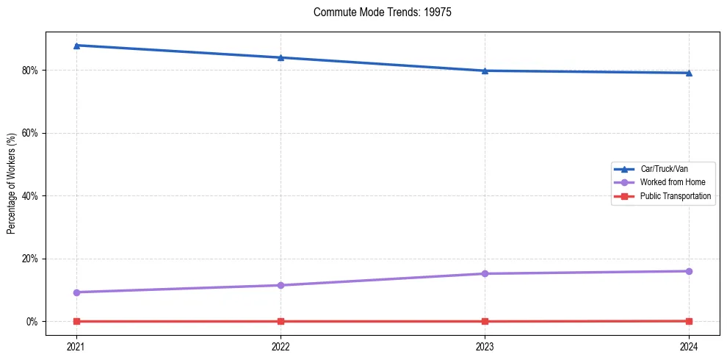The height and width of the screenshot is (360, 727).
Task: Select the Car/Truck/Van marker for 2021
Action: [76, 46]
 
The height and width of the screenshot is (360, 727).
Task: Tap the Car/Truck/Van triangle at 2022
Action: [281, 57]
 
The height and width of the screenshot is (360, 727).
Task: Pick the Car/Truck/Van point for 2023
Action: [485, 71]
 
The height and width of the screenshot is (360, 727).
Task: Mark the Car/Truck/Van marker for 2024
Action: [689, 73]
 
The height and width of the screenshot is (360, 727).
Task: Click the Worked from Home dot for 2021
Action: [76, 292]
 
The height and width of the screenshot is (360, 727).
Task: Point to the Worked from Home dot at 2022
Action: [281, 285]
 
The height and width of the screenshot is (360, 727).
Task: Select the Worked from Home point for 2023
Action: [485, 273]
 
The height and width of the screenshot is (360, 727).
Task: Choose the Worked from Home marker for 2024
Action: [689, 271]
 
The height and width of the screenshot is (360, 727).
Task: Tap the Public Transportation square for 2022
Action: [281, 321]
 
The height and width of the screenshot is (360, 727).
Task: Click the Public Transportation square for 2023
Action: [485, 321]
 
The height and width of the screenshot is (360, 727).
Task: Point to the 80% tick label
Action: [29, 71]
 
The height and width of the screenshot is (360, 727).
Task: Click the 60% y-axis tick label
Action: [29, 133]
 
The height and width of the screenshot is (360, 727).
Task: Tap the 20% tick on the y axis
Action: [29, 259]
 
